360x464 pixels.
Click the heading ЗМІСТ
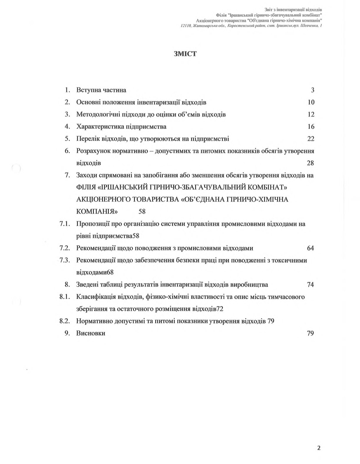click(x=185, y=54)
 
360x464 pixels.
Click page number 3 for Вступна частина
click(x=313, y=90)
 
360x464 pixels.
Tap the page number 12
click(x=311, y=114)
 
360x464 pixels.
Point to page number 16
click(x=311, y=127)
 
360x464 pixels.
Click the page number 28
click(x=310, y=163)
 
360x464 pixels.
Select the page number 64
click(x=311, y=248)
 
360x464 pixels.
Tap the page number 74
click(x=311, y=285)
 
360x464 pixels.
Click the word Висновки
click(x=91, y=333)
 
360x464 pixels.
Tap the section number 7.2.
click(x=65, y=248)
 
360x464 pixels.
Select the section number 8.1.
click(x=65, y=297)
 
